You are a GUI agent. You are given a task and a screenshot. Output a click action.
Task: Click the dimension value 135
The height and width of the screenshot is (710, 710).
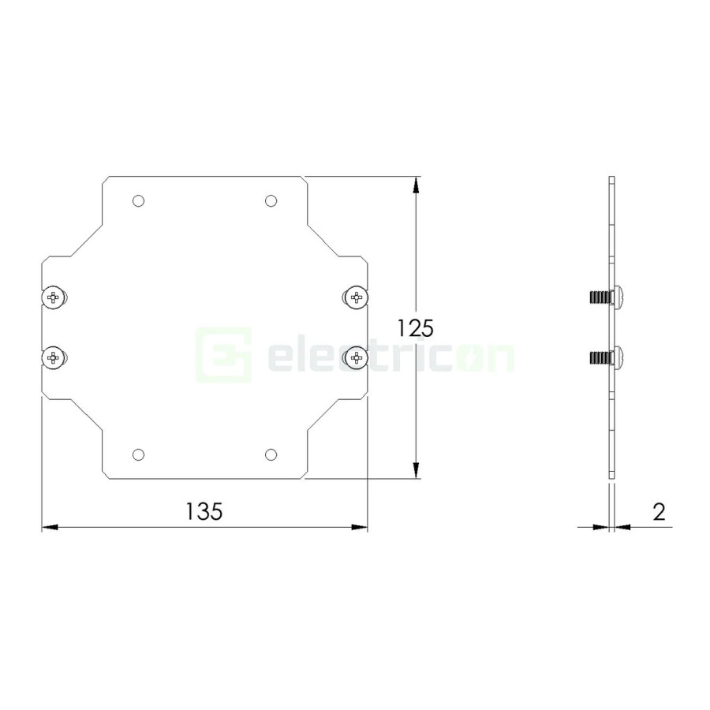204,511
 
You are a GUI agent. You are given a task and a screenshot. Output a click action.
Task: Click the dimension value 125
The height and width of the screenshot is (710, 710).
416,327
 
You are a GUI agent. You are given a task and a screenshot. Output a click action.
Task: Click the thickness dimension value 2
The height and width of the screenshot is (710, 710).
659,511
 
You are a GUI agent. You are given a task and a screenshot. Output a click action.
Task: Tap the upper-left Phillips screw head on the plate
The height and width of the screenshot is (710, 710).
54,297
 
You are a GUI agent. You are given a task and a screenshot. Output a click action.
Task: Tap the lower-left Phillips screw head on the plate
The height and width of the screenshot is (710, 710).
54,358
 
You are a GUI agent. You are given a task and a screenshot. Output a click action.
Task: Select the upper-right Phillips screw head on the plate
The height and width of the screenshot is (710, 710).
357,297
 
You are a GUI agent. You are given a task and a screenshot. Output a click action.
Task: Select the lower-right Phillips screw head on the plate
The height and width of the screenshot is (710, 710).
357,358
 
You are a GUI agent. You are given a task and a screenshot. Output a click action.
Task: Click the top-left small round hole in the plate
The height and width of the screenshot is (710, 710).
138,201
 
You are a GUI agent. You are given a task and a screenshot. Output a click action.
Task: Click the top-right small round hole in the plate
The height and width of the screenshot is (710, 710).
271,201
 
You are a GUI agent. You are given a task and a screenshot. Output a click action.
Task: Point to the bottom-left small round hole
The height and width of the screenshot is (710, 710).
138,454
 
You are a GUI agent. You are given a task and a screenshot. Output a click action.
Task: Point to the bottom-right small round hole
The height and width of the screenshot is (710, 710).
271,454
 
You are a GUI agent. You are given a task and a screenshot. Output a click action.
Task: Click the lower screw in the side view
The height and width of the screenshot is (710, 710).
608,358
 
